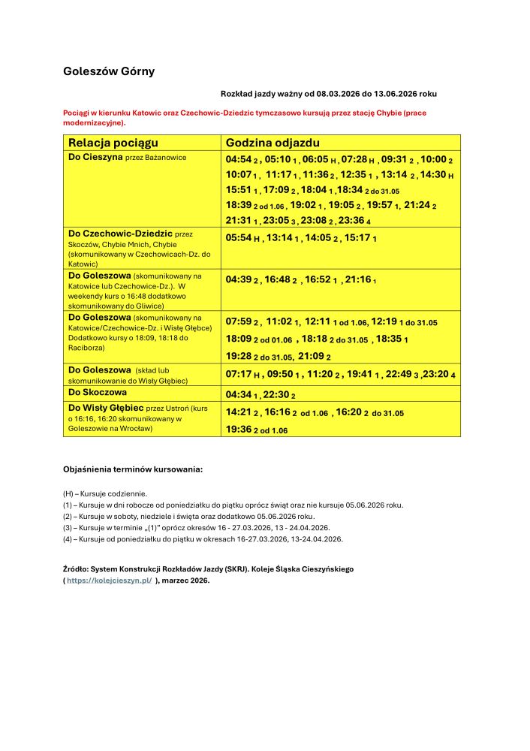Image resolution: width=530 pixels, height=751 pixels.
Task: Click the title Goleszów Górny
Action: pyautogui.click(x=108, y=71)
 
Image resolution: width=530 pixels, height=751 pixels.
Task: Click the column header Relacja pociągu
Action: pyautogui.click(x=113, y=143)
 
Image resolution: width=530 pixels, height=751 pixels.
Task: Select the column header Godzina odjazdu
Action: pyautogui.click(x=273, y=143)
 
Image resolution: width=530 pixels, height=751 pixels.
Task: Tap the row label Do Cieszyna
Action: pyautogui.click(x=95, y=158)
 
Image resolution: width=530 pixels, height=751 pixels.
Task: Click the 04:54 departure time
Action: pyautogui.click(x=238, y=160)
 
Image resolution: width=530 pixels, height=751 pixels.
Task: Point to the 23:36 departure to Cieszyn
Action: pyautogui.click(x=351, y=220)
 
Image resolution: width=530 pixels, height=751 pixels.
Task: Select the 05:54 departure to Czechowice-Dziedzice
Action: pyautogui.click(x=238, y=237)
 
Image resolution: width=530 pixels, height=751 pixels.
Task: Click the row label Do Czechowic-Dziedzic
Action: pyautogui.click(x=120, y=234)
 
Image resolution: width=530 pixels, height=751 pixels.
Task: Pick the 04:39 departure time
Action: pyautogui.click(x=238, y=279)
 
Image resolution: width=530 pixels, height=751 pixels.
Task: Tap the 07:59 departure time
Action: pyautogui.click(x=238, y=321)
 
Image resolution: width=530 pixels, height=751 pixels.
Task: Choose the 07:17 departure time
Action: pyautogui.click(x=238, y=373)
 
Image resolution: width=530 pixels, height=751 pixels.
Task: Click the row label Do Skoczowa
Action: pyautogui.click(x=98, y=392)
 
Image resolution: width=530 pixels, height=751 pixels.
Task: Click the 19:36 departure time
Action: pyautogui.click(x=238, y=430)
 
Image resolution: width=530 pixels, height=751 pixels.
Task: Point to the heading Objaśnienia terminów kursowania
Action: pyautogui.click(x=133, y=469)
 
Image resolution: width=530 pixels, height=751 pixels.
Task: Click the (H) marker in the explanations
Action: pyautogui.click(x=68, y=494)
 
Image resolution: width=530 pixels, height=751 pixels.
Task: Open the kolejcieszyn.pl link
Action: pyautogui.click(x=109, y=580)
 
